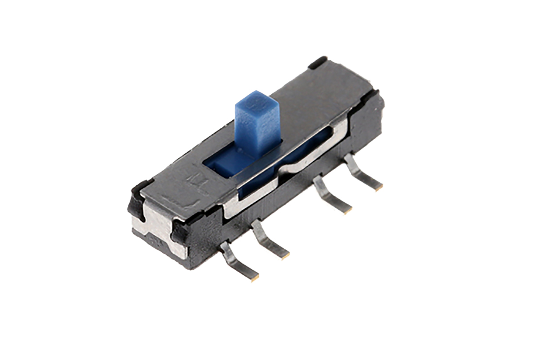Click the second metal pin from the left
pyautogui.click(x=269, y=240)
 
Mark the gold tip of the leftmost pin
pyautogui.click(x=255, y=278)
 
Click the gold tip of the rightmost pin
pyautogui.click(x=378, y=188)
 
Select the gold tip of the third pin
pyautogui.click(x=347, y=210)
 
